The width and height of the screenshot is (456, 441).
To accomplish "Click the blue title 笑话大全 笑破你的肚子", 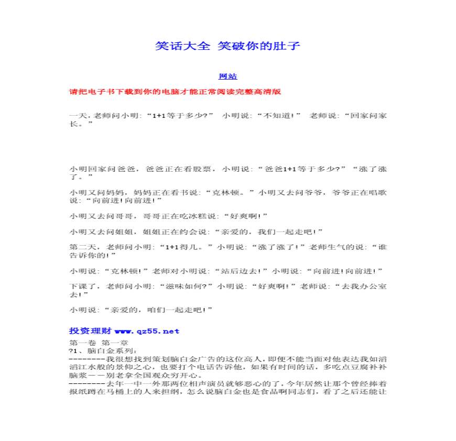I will click(x=227, y=46).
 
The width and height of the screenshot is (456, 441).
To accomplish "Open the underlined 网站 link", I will click(x=227, y=76).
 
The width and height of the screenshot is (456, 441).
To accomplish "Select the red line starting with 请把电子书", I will click(x=175, y=92).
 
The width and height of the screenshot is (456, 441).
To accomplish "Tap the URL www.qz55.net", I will click(x=147, y=331).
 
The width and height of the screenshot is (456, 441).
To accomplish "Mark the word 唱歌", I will click(x=380, y=192).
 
